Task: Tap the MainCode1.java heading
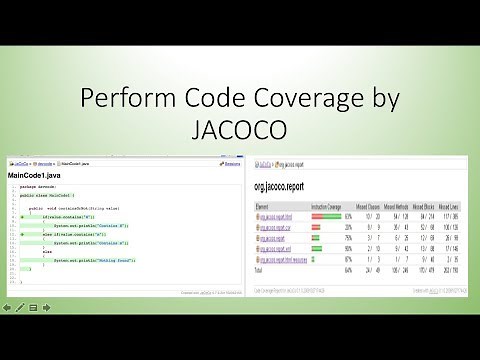coord(37,177)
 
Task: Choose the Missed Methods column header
coord(399,206)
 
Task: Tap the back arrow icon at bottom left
coord(8,306)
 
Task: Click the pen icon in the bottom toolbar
coord(20,306)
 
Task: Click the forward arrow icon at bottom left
coord(46,306)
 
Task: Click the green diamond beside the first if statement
coord(22,215)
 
